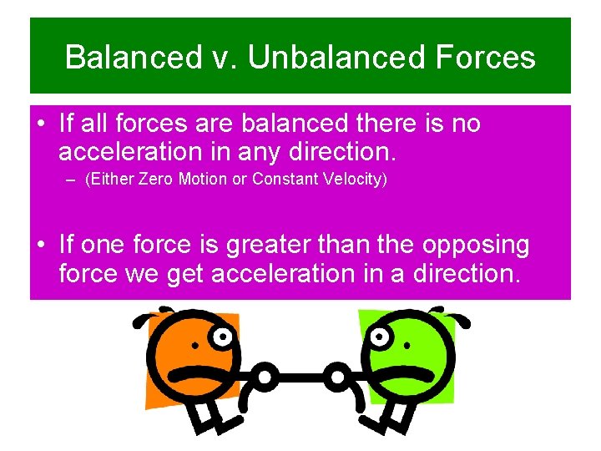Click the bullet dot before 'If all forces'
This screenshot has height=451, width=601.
[x=42, y=124]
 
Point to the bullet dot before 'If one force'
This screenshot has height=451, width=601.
[x=42, y=246]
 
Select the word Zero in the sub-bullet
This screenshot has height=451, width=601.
[x=159, y=180]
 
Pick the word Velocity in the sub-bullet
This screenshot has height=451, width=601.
[x=356, y=180]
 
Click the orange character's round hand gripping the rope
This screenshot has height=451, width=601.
[x=265, y=378]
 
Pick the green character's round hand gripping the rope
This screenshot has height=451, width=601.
[x=336, y=378]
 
